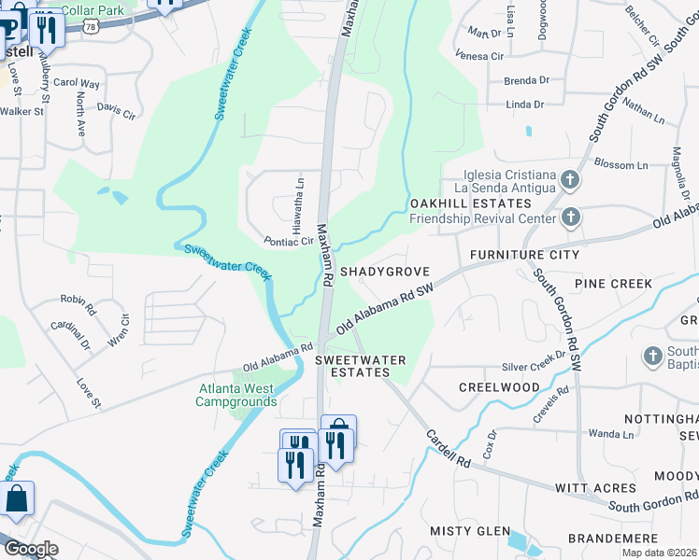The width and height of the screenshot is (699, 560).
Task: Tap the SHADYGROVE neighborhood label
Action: [384, 272]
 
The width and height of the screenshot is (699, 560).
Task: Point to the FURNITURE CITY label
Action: [524, 255]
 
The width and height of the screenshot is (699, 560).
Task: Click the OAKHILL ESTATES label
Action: [457, 203]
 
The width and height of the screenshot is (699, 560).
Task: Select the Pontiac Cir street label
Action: [288, 241]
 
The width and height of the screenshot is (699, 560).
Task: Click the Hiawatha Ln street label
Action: [299, 205]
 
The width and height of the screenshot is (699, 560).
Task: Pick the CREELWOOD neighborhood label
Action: [499, 387]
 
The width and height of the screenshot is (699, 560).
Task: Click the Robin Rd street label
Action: [78, 301]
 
